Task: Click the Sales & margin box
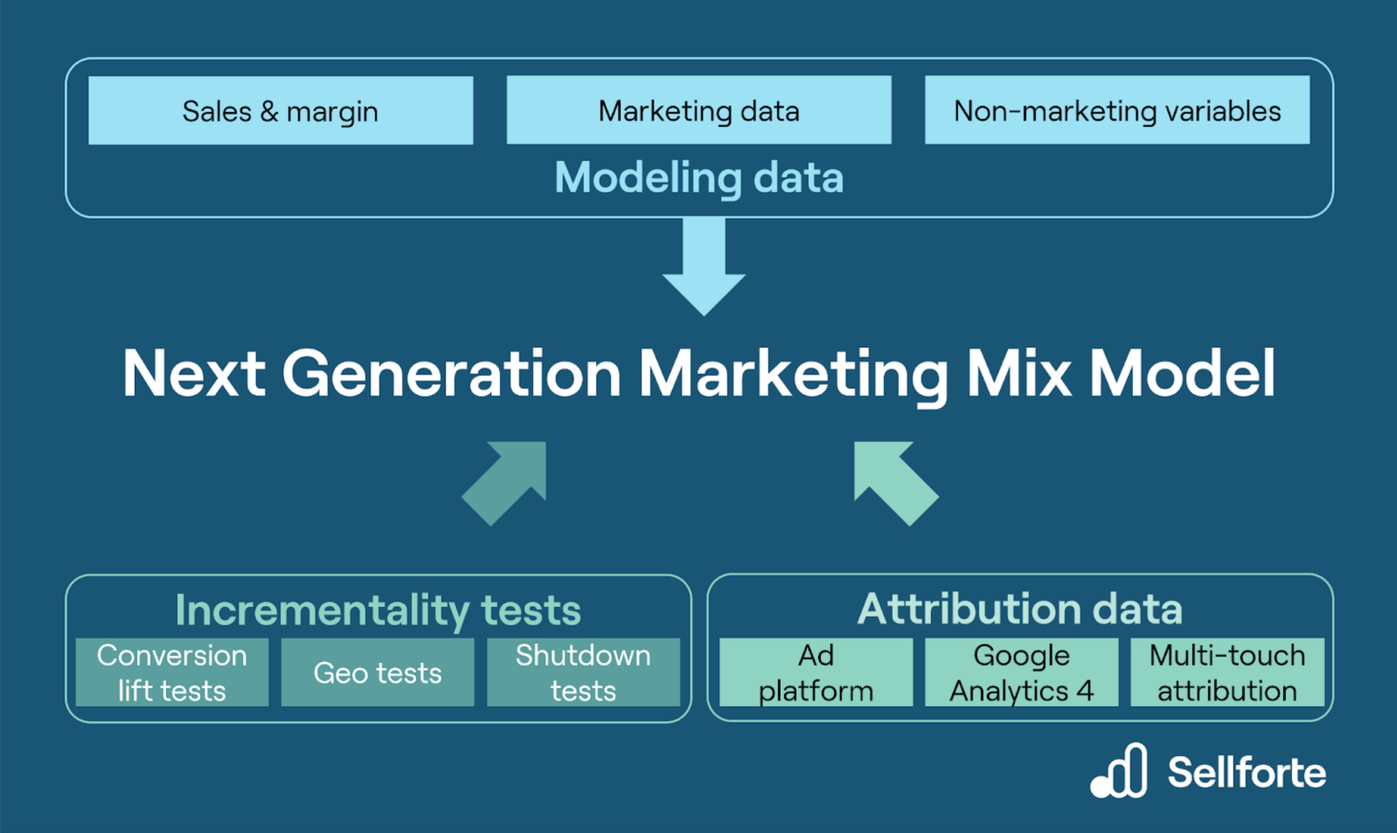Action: [x=281, y=111]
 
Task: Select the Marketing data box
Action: [x=698, y=110]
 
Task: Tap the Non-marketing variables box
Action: [x=1117, y=110]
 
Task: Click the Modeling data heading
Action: [x=698, y=178]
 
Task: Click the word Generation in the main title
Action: [x=451, y=374]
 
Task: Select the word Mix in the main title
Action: [x=1018, y=374]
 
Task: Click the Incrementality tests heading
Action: [x=378, y=610]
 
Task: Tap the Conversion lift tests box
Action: [x=172, y=673]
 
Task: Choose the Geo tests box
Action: [x=378, y=673]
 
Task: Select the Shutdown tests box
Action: [x=583, y=673]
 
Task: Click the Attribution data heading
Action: [x=1020, y=609]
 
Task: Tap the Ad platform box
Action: [x=816, y=673]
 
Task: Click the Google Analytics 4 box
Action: [x=1022, y=673]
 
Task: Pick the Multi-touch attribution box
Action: [x=1227, y=673]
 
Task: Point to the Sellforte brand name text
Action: [x=1247, y=772]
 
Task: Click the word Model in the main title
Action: [x=1182, y=374]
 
